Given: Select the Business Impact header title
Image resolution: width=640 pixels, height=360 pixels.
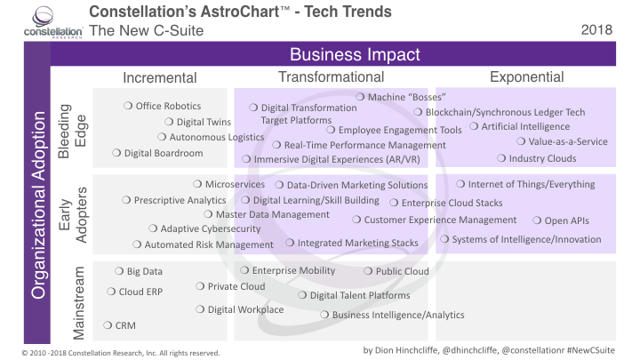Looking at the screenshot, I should coord(354,55).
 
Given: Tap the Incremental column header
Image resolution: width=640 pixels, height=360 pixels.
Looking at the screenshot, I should coord(159,77).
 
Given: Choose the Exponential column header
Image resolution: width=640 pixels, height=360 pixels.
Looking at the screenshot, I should coord(526,77).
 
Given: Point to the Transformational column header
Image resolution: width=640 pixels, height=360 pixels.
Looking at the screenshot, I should coord(331,77).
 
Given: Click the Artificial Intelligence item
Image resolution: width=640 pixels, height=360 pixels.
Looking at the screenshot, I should coord(525,127).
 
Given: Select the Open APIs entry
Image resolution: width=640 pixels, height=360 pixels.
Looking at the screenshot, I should coord(565,220).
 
